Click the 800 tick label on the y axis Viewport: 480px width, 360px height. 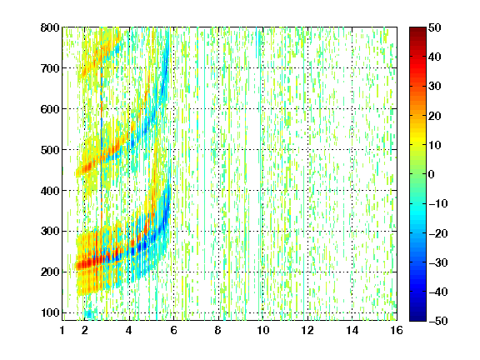pyautogui.click(x=50, y=27)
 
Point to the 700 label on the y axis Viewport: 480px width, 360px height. pyautogui.click(x=50, y=68)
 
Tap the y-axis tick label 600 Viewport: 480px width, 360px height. pyautogui.click(x=50, y=109)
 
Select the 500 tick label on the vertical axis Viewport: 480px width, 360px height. pyautogui.click(x=50, y=150)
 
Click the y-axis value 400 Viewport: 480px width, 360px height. pyautogui.click(x=50, y=191)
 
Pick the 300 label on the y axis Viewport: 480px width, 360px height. pyautogui.click(x=50, y=232)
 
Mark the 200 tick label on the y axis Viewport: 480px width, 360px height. pyautogui.click(x=50, y=272)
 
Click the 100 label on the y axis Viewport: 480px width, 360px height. pyautogui.click(x=50, y=312)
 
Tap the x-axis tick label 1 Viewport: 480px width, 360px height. pyautogui.click(x=62, y=330)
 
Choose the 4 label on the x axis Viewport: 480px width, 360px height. pyautogui.click(x=129, y=330)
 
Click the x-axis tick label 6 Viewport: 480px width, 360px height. pyautogui.click(x=173, y=330)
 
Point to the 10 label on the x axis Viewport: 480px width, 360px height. pyautogui.click(x=263, y=330)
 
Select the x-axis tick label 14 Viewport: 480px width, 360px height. pyautogui.click(x=352, y=330)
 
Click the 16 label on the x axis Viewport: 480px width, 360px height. pyautogui.click(x=397, y=330)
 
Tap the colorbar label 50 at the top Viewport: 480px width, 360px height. pyautogui.click(x=434, y=27)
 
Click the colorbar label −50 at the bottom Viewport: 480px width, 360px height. pyautogui.click(x=438, y=321)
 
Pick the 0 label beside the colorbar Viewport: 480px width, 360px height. pyautogui.click(x=432, y=174)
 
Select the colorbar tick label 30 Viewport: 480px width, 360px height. pyautogui.click(x=434, y=87)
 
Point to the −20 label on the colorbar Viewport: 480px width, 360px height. pyautogui.click(x=438, y=233)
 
